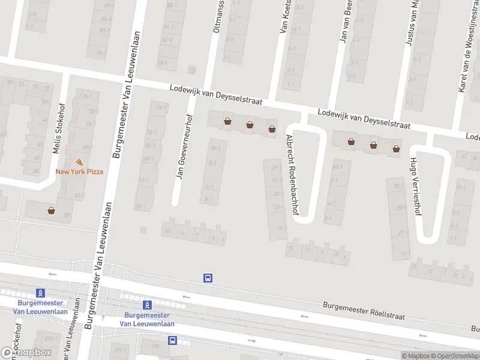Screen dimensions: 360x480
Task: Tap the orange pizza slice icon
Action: click(79, 162)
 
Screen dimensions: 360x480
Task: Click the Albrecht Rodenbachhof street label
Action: click(293, 175)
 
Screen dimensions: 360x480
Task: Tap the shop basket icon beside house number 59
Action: click(52, 211)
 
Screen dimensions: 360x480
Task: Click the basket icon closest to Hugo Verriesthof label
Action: click(396, 148)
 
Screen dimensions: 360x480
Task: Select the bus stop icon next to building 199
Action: click(173, 340)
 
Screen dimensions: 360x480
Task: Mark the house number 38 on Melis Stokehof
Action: click(35, 171)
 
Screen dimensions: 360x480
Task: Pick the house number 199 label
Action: click(155, 346)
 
